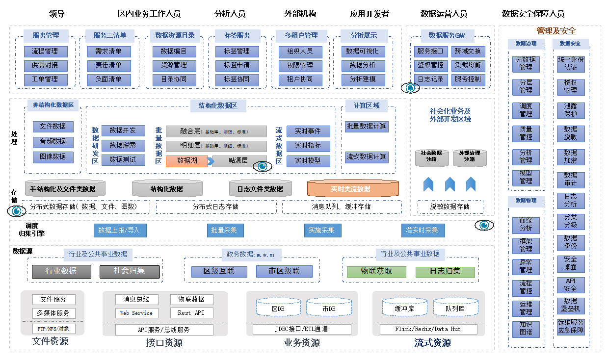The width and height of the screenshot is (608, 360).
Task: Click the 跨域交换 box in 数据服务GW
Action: [468, 51]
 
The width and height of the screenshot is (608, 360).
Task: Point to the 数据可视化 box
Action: [363, 51]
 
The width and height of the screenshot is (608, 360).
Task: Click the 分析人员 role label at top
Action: [230, 14]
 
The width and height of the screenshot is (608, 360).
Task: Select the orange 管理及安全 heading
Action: [556, 31]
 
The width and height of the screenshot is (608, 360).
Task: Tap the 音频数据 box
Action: [53, 142]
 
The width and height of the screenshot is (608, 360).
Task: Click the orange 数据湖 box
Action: [186, 161]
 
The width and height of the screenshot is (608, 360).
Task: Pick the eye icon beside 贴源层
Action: [263, 166]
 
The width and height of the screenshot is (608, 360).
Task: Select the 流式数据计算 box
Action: [367, 157]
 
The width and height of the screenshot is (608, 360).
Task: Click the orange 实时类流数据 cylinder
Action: [353, 189]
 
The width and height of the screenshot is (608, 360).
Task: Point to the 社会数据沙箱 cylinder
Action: [432, 157]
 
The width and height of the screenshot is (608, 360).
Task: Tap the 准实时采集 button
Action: [423, 230]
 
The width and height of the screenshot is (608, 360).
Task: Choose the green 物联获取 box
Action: [376, 271]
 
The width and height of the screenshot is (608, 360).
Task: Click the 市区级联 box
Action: [284, 271]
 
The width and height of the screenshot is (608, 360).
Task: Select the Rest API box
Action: [192, 313]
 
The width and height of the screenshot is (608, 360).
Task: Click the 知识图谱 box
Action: [526, 329]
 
